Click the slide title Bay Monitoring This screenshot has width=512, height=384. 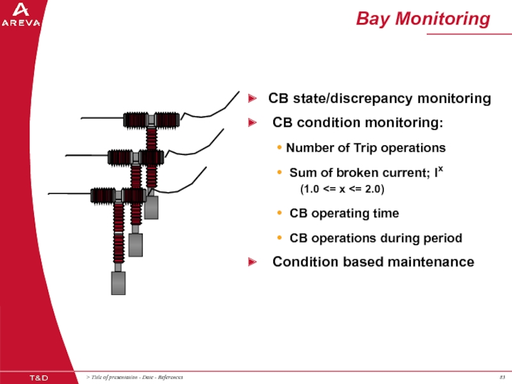(x=423, y=19)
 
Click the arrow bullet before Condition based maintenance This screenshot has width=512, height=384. (x=253, y=262)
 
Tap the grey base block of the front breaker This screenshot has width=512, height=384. (x=118, y=283)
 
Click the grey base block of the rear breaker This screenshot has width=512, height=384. (x=151, y=207)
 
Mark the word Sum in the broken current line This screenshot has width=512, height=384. (x=301, y=172)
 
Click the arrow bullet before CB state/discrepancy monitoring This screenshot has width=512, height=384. (x=253, y=99)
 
